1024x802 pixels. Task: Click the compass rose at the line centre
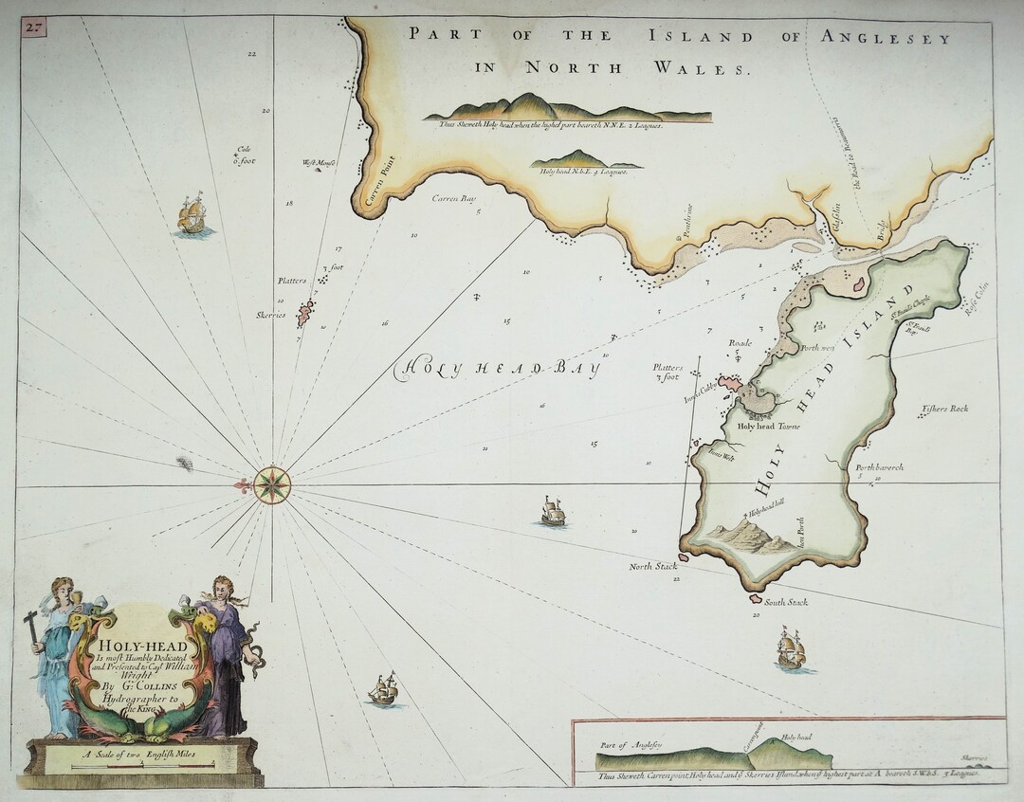pos(272,484)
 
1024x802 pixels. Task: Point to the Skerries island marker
pos(305,313)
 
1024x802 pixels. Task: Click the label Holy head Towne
pos(768,426)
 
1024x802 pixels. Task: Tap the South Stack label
pos(786,602)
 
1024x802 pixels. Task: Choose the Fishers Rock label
pos(944,410)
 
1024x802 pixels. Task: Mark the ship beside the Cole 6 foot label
pos(192,215)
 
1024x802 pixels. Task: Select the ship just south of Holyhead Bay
pos(553,512)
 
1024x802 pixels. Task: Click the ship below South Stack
pos(791,650)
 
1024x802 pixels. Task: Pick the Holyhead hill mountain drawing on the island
pos(749,538)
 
